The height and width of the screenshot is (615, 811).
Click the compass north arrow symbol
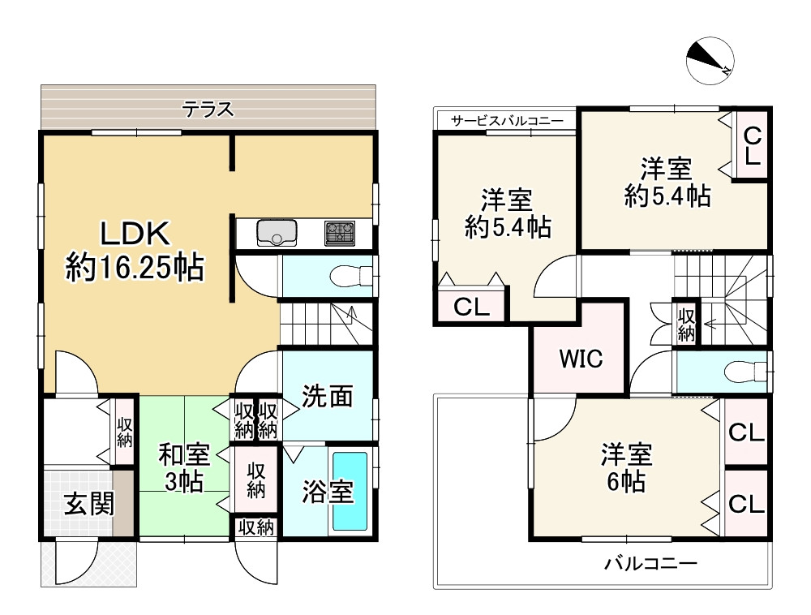(x=710, y=61)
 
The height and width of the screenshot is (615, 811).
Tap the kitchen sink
(x=277, y=232)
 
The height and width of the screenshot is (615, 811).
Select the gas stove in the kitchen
(x=340, y=233)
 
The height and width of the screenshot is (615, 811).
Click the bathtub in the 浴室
(x=350, y=492)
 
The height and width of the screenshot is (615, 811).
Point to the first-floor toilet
(x=351, y=276)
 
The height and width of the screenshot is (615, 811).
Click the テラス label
(x=208, y=110)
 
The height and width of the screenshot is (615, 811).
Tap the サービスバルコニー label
(x=507, y=121)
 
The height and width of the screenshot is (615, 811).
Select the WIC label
(x=581, y=359)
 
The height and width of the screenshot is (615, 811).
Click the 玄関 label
(x=89, y=503)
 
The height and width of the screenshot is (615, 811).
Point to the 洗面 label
(x=328, y=396)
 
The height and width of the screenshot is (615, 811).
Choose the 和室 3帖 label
(x=184, y=467)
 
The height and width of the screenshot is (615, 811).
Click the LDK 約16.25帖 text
(x=135, y=251)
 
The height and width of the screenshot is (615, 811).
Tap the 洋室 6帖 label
(x=626, y=467)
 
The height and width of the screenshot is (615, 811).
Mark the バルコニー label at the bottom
(x=651, y=563)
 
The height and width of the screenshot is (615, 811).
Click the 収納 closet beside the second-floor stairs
(x=686, y=325)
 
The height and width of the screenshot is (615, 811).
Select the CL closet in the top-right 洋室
(x=753, y=146)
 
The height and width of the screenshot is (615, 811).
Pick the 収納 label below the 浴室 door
(x=256, y=527)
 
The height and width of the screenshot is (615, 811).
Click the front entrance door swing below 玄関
(x=75, y=561)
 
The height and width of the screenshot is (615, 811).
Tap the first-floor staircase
(x=326, y=324)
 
